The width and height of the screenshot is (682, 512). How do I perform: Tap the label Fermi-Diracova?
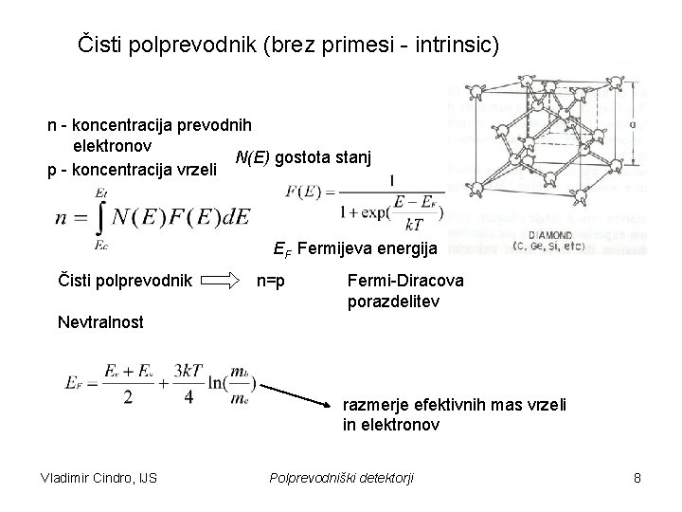[396, 280]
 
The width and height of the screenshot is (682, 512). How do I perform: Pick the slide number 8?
[637, 478]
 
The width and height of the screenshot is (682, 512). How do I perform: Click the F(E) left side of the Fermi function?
[304, 192]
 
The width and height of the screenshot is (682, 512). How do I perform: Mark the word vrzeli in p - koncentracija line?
[197, 171]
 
